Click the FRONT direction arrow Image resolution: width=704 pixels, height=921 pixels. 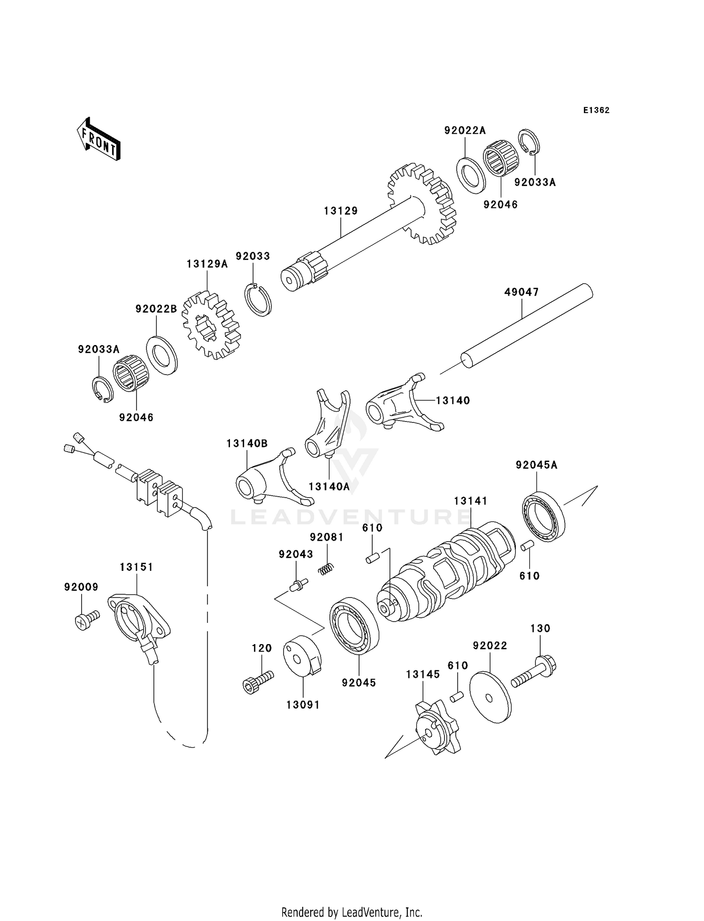[x=99, y=140]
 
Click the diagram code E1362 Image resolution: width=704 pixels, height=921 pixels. [x=596, y=110]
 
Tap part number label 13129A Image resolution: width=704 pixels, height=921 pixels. [x=207, y=264]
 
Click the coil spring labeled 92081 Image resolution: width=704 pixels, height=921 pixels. [x=326, y=569]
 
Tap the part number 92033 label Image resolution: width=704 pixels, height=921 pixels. [x=253, y=256]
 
